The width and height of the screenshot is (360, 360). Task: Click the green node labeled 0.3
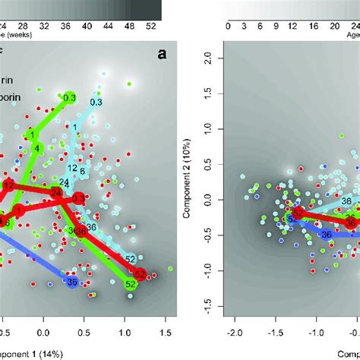70,97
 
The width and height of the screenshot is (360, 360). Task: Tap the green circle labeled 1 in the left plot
32,135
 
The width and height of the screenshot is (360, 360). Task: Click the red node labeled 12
8,185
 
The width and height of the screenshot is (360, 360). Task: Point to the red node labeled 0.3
79,198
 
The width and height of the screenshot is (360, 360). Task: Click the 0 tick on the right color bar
229,24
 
